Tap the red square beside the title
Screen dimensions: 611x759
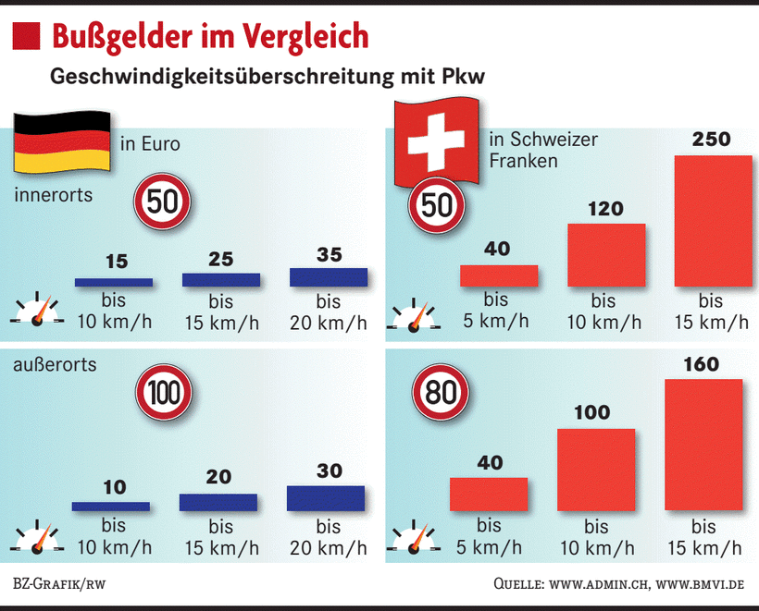click(x=27, y=36)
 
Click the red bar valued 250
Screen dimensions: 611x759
click(x=713, y=221)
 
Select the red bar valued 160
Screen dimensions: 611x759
click(x=703, y=445)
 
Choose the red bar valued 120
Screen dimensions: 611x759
click(x=605, y=255)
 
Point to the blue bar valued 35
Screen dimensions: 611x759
click(x=329, y=276)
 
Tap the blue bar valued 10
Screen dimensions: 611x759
click(x=111, y=506)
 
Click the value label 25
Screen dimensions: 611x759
click(x=221, y=260)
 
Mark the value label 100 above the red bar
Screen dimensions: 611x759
click(x=592, y=412)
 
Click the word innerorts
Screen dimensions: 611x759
click(x=54, y=197)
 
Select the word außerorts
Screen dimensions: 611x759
click(x=56, y=365)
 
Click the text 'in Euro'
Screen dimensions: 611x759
click(x=150, y=144)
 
